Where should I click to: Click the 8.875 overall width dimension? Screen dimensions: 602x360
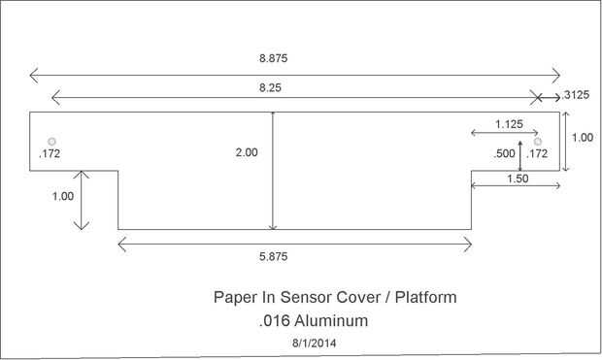point(273,58)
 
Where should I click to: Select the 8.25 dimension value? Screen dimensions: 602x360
point(270,88)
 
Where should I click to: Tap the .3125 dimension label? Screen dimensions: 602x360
point(576,95)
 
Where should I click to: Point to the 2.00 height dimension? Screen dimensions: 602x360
point(247,152)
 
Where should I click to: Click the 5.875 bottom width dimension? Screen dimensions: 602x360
point(273,256)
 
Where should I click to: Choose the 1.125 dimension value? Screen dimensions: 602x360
point(509,124)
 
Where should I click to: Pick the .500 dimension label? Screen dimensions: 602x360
point(505,153)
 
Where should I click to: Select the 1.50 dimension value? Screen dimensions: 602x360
point(518,179)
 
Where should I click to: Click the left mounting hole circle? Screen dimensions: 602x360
point(51,142)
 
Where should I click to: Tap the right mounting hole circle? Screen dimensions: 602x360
point(538,142)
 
